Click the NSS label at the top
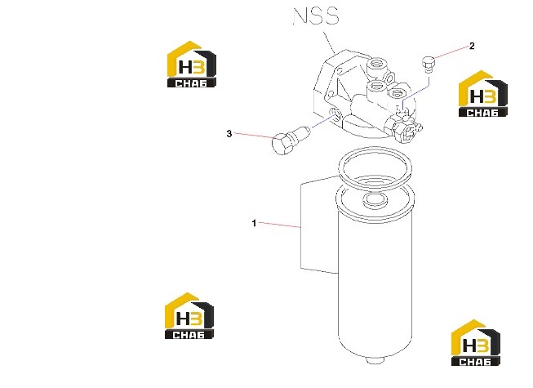(x=316, y=16)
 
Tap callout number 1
(x=254, y=224)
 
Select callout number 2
(x=472, y=46)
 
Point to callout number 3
(x=229, y=134)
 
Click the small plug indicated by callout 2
(x=429, y=65)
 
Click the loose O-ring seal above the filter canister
(x=375, y=167)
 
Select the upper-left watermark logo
(x=191, y=65)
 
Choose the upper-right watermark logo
(x=483, y=93)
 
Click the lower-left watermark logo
(x=189, y=315)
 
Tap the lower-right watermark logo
(x=476, y=342)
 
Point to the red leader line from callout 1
(x=279, y=225)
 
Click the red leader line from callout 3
(x=254, y=136)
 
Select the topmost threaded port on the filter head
(x=377, y=64)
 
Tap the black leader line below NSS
(x=330, y=42)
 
